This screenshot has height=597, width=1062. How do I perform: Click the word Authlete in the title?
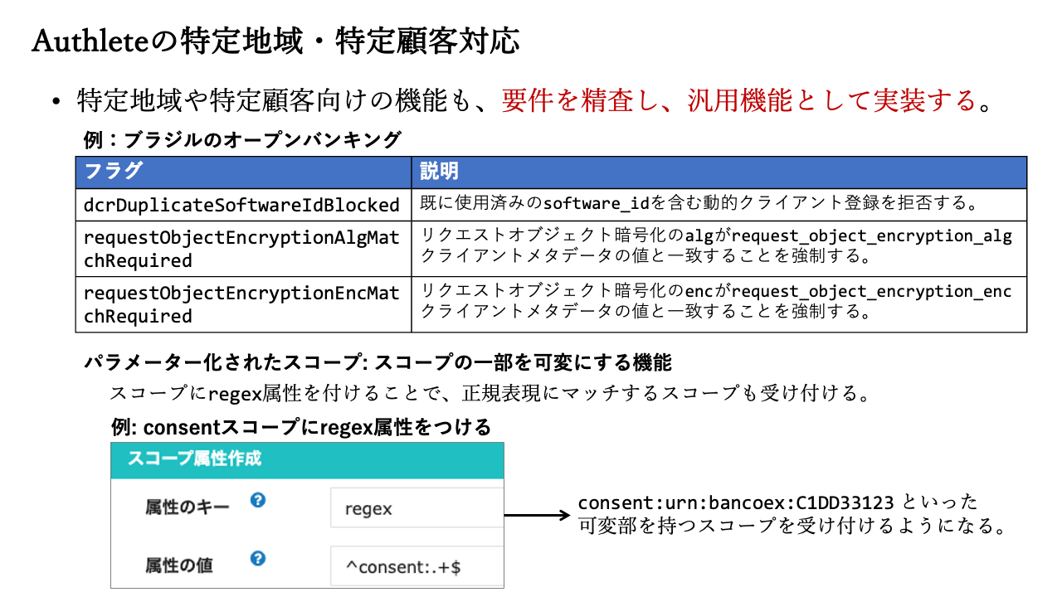click(90, 41)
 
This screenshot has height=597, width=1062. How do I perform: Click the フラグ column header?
click(113, 171)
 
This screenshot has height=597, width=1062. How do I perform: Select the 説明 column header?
click(439, 171)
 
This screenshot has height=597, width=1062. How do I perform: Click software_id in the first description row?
click(596, 204)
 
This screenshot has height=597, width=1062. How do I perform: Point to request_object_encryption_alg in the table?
click(872, 236)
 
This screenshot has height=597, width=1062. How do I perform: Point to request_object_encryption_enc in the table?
click(872, 291)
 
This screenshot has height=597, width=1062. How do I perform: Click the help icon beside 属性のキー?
click(258, 500)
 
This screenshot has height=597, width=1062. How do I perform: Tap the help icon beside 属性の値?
click(258, 558)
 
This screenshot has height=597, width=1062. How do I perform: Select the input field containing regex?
click(417, 507)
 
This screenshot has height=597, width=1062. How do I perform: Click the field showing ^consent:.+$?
click(417, 566)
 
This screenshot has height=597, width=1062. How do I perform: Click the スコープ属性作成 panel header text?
click(194, 459)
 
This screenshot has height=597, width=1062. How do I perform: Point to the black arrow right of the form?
click(537, 515)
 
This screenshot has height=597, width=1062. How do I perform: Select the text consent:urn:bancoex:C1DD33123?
click(736, 502)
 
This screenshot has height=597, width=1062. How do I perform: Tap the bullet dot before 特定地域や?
click(56, 101)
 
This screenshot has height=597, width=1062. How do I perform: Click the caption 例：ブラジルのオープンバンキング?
click(242, 140)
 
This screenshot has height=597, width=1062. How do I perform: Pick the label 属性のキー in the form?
click(188, 507)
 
